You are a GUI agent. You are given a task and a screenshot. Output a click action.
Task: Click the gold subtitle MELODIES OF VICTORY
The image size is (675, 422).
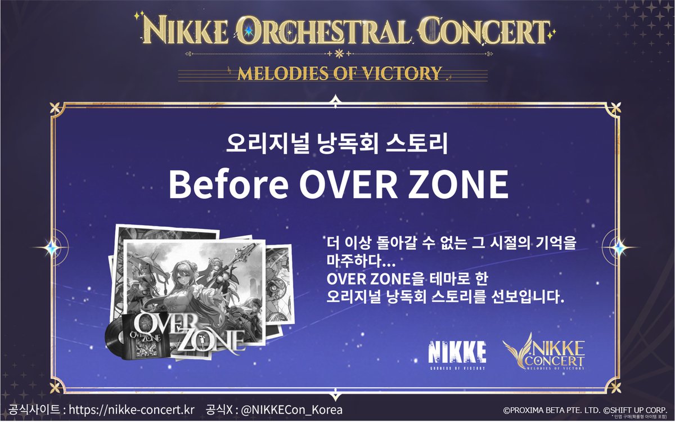pos(339,73)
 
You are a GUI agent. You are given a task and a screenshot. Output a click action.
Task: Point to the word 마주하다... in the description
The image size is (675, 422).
pos(356,262)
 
